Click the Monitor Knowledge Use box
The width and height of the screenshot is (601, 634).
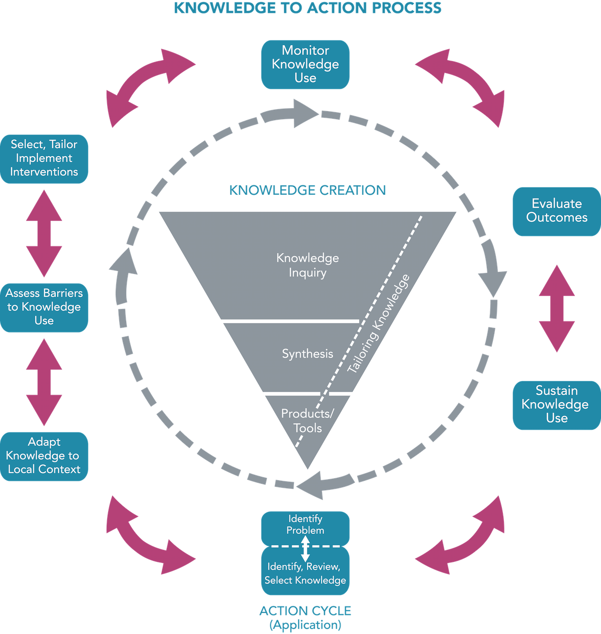pyautogui.click(x=305, y=64)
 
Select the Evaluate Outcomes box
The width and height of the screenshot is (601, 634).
pyautogui.click(x=556, y=211)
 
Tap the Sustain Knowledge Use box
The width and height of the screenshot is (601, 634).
pyautogui.click(x=556, y=405)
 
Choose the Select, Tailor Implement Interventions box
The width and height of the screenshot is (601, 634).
pyautogui.click(x=44, y=158)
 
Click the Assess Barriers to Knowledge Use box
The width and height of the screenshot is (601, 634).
pyautogui.click(x=44, y=307)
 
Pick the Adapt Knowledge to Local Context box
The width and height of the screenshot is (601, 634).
pyautogui.click(x=44, y=456)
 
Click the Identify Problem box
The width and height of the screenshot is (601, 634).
pyautogui.click(x=305, y=525)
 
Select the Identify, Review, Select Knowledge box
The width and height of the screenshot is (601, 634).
pyautogui.click(x=305, y=573)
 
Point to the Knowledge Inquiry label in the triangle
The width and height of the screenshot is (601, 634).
pyautogui.click(x=308, y=265)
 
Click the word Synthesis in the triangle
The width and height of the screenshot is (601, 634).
pyautogui.click(x=307, y=354)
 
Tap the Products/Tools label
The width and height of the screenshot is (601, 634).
pyautogui.click(x=307, y=421)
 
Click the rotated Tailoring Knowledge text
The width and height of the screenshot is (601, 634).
pyautogui.click(x=379, y=325)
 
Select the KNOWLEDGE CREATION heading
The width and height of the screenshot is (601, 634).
pyautogui.click(x=307, y=190)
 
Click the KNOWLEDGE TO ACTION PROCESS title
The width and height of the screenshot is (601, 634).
pyautogui.click(x=307, y=8)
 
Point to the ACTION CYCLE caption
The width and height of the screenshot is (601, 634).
pyautogui.click(x=305, y=611)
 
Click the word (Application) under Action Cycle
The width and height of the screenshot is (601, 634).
pyautogui.click(x=305, y=625)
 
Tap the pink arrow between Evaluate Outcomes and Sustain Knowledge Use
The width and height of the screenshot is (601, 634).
pyautogui.click(x=556, y=308)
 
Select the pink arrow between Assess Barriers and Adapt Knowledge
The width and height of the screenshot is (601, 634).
pyautogui.click(x=44, y=382)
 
